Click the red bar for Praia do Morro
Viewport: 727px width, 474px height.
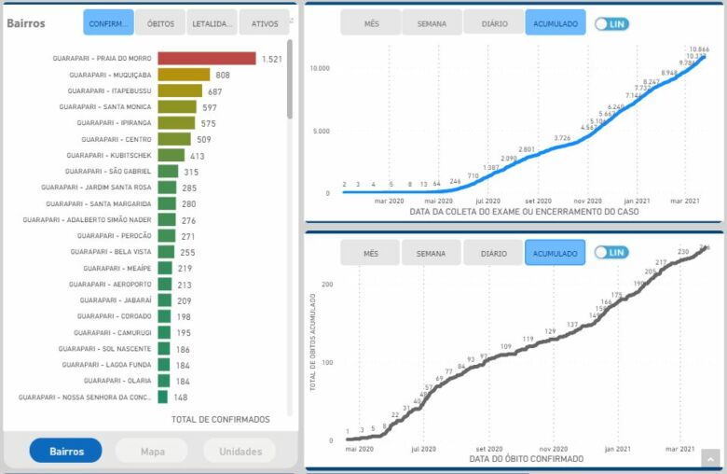pyautogui.click(x=206, y=59)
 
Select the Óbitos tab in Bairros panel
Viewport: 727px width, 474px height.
pyautogui.click(x=160, y=22)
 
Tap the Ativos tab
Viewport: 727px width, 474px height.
pyautogui.click(x=264, y=22)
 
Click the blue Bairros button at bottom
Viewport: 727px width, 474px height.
pyautogui.click(x=65, y=451)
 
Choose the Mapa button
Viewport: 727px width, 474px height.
pyautogui.click(x=151, y=451)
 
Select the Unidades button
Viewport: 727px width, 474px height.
pyautogui.click(x=240, y=451)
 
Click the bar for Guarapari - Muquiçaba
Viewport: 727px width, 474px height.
pyautogui.click(x=184, y=75)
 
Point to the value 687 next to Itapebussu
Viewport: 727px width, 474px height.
pyautogui.click(x=215, y=91)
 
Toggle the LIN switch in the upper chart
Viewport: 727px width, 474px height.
pyautogui.click(x=611, y=23)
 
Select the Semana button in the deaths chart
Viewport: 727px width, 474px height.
pyautogui.click(x=431, y=253)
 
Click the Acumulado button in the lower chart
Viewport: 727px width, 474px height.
pyautogui.click(x=555, y=253)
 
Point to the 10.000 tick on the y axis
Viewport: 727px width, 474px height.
pyautogui.click(x=320, y=68)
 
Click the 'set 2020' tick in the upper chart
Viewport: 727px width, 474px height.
pyautogui.click(x=538, y=201)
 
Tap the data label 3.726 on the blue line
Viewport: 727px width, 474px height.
pyautogui.click(x=562, y=138)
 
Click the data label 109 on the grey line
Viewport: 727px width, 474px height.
pyautogui.click(x=505, y=346)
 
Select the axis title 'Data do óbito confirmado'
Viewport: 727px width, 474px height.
pyautogui.click(x=527, y=459)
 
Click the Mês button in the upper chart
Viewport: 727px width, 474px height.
pyautogui.click(x=370, y=23)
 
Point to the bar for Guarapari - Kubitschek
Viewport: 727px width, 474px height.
pyautogui.click(x=171, y=155)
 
